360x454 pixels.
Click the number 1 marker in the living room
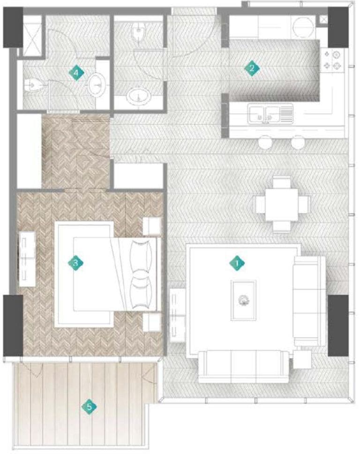tap(237, 264)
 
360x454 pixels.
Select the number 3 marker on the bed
tap(76, 263)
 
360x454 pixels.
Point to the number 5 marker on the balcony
tap(89, 407)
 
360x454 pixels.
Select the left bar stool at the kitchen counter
tap(265, 141)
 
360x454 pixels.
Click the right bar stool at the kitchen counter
tap(298, 141)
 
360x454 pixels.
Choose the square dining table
tap(282, 203)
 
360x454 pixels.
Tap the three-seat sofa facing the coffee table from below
tap(243, 366)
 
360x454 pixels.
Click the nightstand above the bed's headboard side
tap(152, 226)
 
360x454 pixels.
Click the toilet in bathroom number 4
tap(34, 85)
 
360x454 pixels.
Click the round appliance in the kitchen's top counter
tap(300, 28)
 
